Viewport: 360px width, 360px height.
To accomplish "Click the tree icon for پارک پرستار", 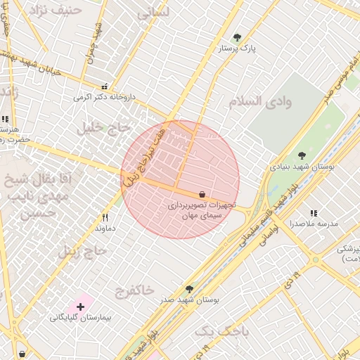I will [236, 37].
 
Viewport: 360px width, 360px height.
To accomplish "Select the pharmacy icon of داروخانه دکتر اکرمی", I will [105, 86].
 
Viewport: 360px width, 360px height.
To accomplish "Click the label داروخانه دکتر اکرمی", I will [103, 97].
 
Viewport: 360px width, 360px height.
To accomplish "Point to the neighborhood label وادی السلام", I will [259, 102].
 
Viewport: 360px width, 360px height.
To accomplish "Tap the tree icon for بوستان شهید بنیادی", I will [302, 155].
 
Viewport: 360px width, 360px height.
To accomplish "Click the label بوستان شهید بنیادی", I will [302, 167].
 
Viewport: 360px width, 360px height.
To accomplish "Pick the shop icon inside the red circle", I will [202, 194].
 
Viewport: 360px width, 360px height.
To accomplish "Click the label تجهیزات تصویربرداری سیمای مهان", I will [202, 211].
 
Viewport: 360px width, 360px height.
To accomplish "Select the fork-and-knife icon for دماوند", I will [105, 217].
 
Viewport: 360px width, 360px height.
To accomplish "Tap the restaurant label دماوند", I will [105, 229].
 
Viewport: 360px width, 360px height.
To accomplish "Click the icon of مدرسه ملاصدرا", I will [314, 212].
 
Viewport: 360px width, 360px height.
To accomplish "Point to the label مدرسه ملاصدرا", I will [314, 224].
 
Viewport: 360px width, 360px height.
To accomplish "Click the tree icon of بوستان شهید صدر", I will [188, 288].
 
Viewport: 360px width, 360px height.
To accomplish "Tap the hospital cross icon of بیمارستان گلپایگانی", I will [80, 307].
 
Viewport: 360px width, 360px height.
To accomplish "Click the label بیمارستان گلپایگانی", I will [80, 318].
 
